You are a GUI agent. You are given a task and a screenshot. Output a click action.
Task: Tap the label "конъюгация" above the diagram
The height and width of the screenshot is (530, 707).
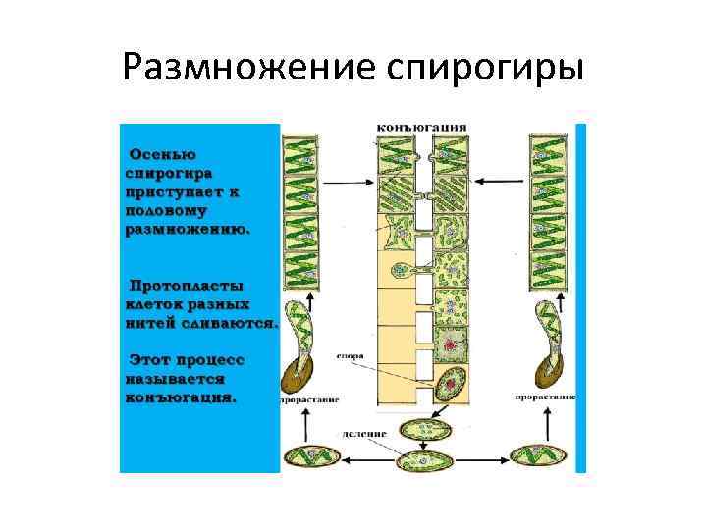pos(422,127)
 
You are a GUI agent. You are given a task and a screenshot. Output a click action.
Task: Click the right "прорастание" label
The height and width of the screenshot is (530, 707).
pos(543,397)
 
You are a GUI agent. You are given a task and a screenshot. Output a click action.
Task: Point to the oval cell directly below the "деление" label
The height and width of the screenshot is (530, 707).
pos(422,429)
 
